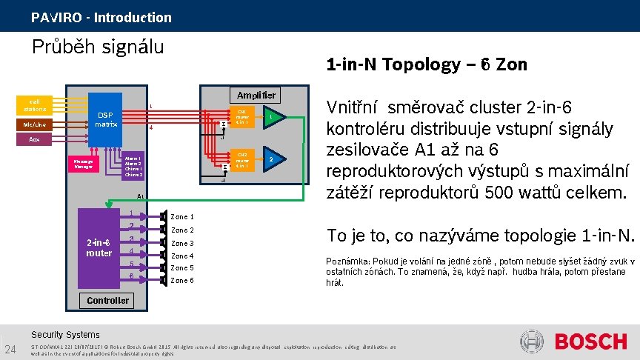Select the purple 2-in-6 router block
point(99,247)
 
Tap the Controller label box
point(108,300)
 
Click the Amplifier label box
point(256,95)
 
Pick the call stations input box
point(35,105)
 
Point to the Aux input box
point(35,140)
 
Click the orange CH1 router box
point(242,117)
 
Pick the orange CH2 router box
point(242,160)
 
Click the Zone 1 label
point(182,217)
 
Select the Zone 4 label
point(182,256)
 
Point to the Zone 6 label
point(182,281)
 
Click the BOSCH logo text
point(590,342)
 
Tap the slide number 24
point(11,349)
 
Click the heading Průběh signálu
point(98,47)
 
